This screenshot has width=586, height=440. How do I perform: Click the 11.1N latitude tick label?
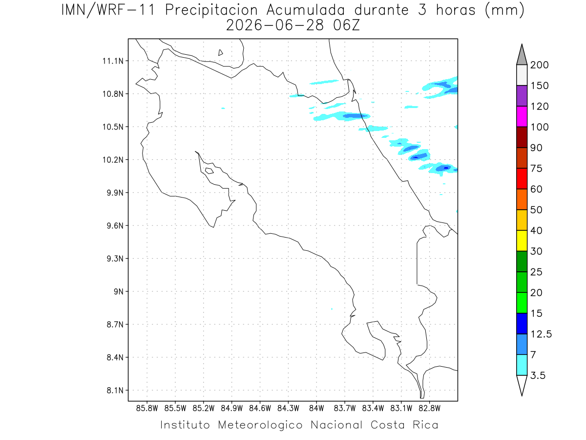pos(113,61)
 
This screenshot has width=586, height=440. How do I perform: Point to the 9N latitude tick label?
pos(119,291)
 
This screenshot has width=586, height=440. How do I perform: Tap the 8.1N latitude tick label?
pos(115,390)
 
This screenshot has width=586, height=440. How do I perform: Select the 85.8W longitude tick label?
pos(147,409)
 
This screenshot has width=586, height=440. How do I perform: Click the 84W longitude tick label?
pos(316,409)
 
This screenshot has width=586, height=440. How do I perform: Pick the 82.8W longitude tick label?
pos(429,409)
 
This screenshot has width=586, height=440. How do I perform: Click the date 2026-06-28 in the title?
pos(275,25)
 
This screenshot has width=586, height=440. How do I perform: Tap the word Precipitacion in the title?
pos(211,10)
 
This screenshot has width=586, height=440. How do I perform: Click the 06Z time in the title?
pos(346,25)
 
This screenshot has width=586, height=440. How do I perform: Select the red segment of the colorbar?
pos(522,178)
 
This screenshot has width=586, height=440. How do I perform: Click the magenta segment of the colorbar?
pos(522,116)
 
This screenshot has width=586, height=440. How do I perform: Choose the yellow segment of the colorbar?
pos(522,241)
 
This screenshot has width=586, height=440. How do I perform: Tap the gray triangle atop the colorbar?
pos(522,56)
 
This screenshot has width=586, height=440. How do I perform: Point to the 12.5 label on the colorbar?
pos(541,334)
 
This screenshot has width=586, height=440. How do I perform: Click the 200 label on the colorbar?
pos(539,65)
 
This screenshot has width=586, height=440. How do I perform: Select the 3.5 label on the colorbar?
pos(538,375)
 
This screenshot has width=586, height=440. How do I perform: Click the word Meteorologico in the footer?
pos(260,425)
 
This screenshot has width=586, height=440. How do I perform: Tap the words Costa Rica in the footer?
pos(404,425)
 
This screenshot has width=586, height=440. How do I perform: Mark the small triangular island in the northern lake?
pos(220,53)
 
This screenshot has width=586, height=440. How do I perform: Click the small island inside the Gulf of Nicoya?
pos(209,171)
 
